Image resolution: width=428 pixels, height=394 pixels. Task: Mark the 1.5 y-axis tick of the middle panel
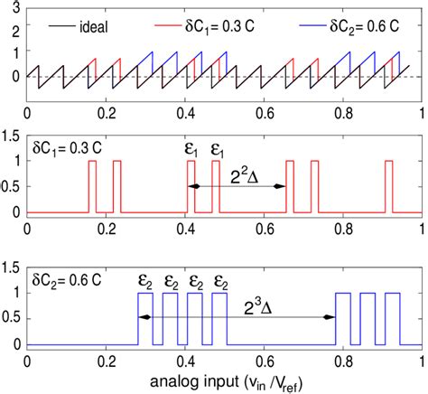tap(12, 136)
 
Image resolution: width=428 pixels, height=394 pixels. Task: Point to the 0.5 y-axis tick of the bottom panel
tap(12, 319)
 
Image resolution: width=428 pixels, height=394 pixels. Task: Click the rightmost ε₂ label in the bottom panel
tap(220, 279)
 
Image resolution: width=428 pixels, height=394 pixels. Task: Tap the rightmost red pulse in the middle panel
tap(388, 186)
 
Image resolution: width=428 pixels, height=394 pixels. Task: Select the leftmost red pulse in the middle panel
tap(91, 186)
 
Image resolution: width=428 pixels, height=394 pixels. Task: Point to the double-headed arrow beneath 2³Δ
tap(236, 318)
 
